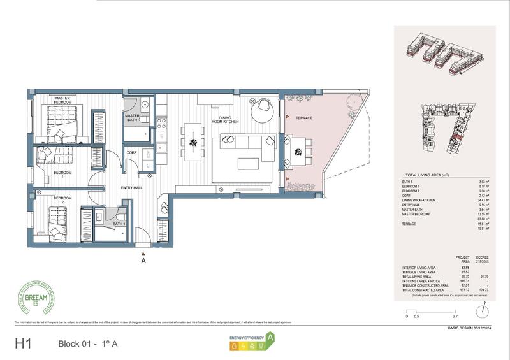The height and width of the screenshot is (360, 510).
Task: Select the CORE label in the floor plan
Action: click(131, 153)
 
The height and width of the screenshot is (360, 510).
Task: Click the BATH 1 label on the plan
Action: click(119, 224)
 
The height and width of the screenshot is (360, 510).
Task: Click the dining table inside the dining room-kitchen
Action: click(192, 141)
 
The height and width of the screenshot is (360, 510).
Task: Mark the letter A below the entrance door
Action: click(145, 260)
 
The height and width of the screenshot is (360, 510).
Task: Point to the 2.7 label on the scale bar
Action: click(455, 316)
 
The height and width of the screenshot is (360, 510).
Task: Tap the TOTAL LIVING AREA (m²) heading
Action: click(432, 175)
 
